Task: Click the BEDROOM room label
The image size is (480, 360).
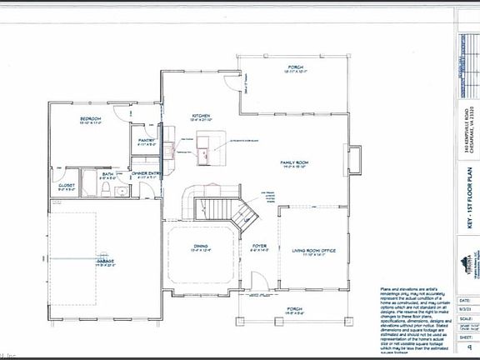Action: coord(91,119)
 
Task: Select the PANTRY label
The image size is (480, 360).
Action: coord(147,141)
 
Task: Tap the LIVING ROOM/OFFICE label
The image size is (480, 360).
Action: coord(312,248)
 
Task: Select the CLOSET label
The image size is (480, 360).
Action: coord(67,185)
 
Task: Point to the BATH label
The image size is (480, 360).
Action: coord(107,174)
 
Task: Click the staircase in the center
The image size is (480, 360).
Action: coord(222,207)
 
